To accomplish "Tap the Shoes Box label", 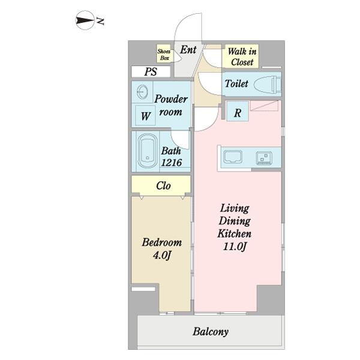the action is (164, 55).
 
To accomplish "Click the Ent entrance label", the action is (188, 50).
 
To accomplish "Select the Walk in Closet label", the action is (242, 56).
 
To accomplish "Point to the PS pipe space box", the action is (151, 71).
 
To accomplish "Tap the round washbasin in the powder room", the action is (142, 92).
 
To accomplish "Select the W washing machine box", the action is (145, 115).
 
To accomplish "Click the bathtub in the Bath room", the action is (148, 151).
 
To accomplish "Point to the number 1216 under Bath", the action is (172, 163).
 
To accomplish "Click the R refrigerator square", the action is (238, 111).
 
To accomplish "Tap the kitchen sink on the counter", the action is (233, 157).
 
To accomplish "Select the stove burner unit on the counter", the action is (264, 158).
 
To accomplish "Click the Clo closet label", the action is (163, 186).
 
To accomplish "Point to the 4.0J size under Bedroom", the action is (162, 256).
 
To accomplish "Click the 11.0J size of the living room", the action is (235, 247).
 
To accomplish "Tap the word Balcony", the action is (211, 332).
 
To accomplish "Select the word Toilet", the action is (236, 83).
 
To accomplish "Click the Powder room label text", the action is (171, 106).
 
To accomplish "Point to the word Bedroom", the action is (162, 242).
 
